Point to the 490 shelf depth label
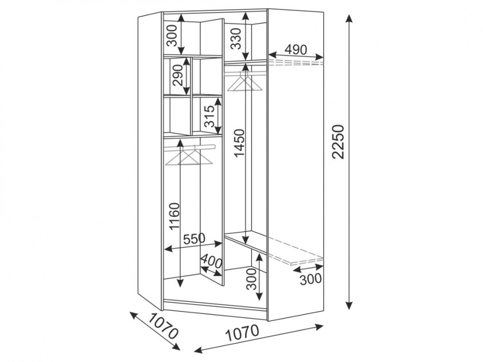pos(296,50)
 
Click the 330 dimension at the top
pos(236,39)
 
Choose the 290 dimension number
pos(178,75)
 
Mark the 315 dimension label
pos(210,116)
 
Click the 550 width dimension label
pos(194,238)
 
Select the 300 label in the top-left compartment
pos(173,35)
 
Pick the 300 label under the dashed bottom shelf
pos(311,279)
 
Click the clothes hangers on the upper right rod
pos(245,82)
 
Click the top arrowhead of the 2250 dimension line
pos(349,19)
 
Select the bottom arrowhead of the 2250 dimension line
pos(349,305)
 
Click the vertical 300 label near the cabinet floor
pos(251,279)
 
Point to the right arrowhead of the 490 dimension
pos(319,56)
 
